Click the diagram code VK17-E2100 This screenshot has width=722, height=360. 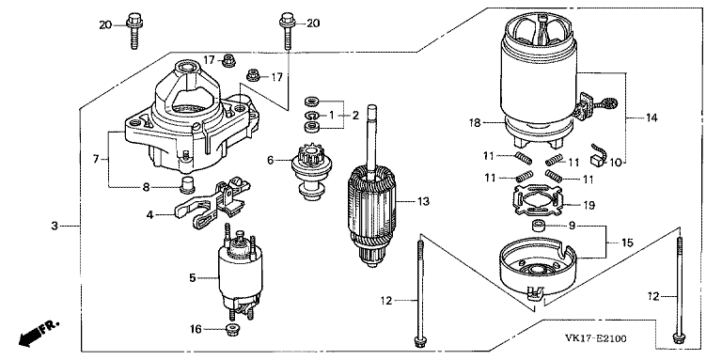(x=595, y=338)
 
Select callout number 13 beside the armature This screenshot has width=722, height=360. (x=423, y=201)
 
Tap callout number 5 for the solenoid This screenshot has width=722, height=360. (x=193, y=277)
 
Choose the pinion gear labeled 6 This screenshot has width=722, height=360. (x=308, y=172)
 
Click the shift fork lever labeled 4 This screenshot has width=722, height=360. (x=212, y=202)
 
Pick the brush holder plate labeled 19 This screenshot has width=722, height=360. (x=537, y=201)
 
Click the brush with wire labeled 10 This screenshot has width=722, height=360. (x=597, y=156)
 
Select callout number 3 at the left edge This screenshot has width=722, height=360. (x=55, y=226)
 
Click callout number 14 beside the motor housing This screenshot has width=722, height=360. (x=651, y=117)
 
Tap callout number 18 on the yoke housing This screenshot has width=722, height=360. (x=475, y=122)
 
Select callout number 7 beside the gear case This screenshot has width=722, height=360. (x=96, y=159)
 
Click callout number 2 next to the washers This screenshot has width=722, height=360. (x=355, y=115)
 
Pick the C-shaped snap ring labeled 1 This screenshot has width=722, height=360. (x=312, y=115)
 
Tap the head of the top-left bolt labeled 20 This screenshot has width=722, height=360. (x=133, y=19)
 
